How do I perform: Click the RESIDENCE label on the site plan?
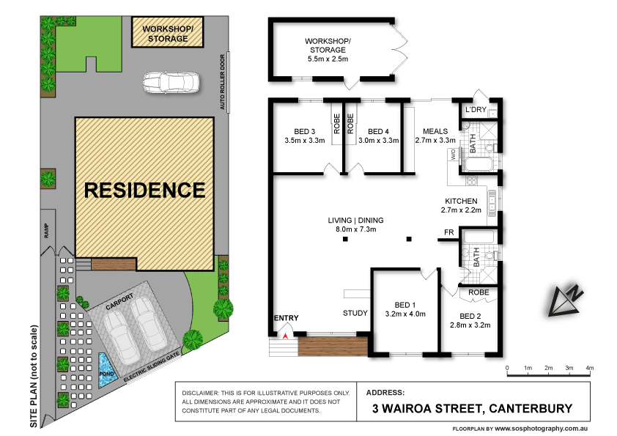144,191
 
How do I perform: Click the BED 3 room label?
298,132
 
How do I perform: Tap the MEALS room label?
435,132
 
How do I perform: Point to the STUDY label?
355,314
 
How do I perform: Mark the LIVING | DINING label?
355,220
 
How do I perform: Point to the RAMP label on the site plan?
45,232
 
